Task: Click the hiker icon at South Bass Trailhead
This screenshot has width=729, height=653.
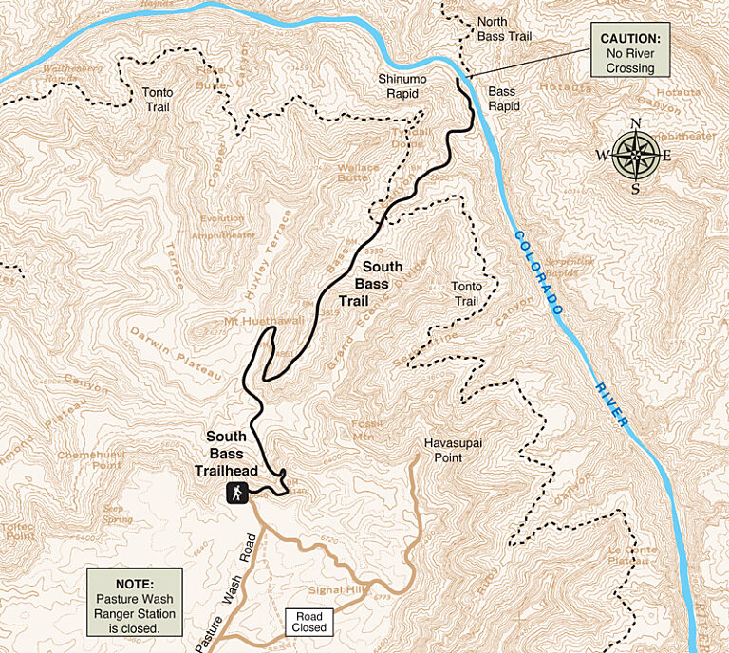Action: (236, 492)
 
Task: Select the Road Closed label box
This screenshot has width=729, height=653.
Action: (309, 622)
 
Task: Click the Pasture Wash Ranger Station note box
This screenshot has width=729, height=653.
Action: (134, 601)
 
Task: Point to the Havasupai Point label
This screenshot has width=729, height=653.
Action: (442, 450)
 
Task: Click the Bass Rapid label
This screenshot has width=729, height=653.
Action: (504, 99)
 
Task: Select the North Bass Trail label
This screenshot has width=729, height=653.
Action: (505, 28)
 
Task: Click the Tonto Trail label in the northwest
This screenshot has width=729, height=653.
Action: (158, 100)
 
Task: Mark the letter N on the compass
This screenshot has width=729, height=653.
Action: (636, 123)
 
